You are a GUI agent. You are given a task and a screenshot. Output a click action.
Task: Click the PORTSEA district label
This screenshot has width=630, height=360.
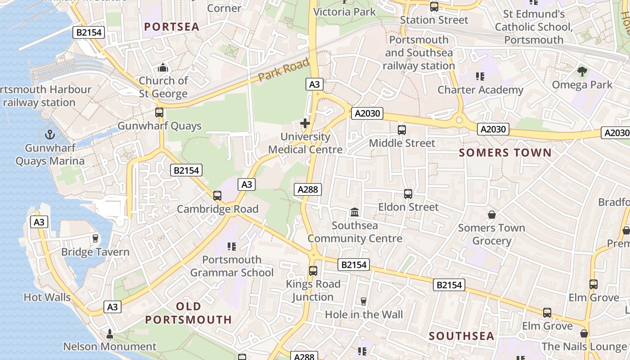(x=171, y=27)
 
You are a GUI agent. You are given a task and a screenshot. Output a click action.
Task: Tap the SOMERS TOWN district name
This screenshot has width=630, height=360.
(x=505, y=153)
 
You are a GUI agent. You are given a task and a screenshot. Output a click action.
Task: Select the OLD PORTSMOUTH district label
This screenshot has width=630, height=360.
(x=189, y=313)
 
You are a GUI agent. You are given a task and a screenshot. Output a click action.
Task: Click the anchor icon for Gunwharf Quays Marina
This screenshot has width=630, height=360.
(x=50, y=134)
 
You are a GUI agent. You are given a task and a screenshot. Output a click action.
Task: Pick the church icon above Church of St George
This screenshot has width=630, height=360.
(x=163, y=68)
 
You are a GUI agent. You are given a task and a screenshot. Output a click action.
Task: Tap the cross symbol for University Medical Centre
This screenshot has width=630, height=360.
(x=305, y=123)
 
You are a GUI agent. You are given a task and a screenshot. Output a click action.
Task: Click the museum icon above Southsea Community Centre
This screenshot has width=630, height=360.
(x=355, y=211)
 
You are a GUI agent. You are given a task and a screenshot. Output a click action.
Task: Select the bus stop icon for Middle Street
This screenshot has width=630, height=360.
(x=402, y=130)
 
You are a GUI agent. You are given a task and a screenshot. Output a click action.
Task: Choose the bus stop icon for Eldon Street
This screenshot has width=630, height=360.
(x=408, y=194)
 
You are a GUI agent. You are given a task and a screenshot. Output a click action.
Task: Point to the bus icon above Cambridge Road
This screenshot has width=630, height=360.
(x=217, y=196)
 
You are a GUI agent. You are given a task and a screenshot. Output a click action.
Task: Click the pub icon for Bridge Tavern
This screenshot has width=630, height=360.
(x=95, y=238)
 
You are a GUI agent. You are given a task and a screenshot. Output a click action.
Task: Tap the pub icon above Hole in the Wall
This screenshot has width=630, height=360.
(x=364, y=301)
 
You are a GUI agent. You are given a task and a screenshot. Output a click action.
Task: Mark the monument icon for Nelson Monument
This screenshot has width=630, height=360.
(x=109, y=334)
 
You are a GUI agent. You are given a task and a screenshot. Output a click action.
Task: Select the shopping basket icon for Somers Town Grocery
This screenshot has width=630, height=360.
(x=492, y=215)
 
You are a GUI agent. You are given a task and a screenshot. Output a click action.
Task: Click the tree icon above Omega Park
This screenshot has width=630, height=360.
(x=582, y=71)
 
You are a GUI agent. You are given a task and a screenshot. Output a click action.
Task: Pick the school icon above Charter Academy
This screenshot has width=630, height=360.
(x=480, y=76)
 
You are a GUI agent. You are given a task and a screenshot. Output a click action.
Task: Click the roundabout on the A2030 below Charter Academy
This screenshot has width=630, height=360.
(x=459, y=120)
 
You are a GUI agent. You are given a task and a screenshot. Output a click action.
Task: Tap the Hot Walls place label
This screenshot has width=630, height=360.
(x=47, y=297)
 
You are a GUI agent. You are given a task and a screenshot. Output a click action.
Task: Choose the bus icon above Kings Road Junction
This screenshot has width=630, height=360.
(x=313, y=271)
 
